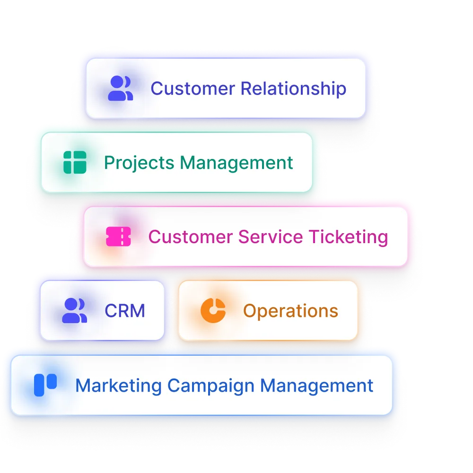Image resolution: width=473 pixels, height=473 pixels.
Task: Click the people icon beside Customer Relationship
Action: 120,88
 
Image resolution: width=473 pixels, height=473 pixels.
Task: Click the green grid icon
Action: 75,162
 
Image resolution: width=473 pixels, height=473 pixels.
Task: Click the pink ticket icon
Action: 118,236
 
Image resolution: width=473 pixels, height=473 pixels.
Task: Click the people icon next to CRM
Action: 74,311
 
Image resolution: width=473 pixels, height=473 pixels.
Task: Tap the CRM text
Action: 125,311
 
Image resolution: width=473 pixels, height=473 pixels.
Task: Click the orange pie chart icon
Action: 213,311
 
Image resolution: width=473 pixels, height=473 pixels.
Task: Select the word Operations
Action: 290,311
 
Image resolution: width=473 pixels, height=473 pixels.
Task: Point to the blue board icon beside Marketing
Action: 45,385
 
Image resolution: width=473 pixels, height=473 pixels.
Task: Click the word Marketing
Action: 118,385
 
